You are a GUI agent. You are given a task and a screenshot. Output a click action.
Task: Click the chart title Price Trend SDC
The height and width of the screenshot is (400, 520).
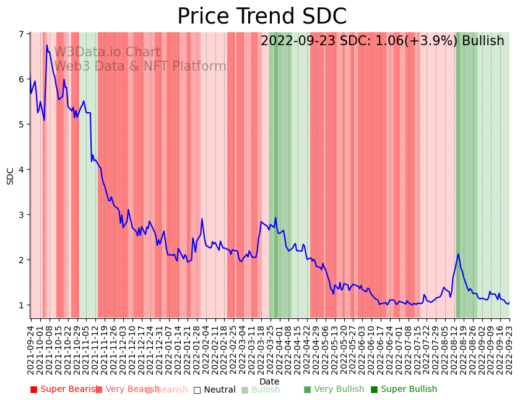[x=262, y=17]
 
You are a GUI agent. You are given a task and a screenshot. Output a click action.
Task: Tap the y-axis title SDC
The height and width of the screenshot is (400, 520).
[x=11, y=175]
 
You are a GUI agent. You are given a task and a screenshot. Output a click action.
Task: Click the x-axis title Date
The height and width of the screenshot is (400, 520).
[x=269, y=381]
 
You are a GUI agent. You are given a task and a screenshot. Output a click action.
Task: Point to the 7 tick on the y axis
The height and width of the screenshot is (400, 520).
[x=24, y=34]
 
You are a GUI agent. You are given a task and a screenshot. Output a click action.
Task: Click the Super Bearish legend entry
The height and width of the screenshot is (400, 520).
[x=64, y=389]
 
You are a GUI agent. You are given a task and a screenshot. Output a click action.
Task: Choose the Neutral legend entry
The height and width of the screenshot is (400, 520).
[x=215, y=389]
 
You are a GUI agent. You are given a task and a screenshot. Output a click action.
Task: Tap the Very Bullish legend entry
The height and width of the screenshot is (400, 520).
[x=334, y=389]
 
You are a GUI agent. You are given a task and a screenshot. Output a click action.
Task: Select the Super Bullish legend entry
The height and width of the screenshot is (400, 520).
[x=404, y=389]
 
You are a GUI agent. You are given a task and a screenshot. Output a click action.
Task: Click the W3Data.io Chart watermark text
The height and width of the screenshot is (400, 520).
[x=107, y=53]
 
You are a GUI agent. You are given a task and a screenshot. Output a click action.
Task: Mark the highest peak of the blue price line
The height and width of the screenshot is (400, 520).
[x=46, y=45]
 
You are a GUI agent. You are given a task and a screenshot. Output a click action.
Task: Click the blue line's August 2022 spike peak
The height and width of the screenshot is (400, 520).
[x=458, y=254]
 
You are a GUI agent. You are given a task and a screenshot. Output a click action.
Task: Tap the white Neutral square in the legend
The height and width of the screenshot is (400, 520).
[x=197, y=389]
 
